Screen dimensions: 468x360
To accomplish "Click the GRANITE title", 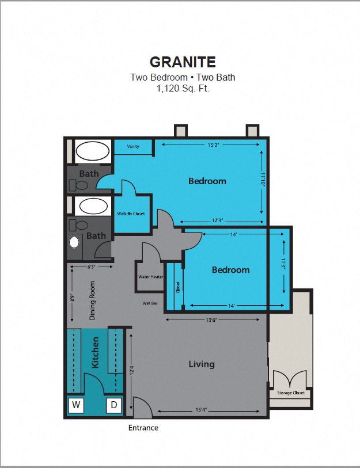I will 183,62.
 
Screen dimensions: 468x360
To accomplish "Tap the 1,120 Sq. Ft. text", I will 183,89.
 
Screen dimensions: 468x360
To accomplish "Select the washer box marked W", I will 76,405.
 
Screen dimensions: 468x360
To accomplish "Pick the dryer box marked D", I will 114,405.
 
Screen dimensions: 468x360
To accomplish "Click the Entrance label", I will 143,428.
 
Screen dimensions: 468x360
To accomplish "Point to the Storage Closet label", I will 291,393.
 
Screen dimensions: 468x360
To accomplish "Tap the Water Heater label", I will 150,277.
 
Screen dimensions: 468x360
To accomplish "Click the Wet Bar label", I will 151,303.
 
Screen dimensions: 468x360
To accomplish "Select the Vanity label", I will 133,147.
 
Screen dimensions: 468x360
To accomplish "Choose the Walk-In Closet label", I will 131,214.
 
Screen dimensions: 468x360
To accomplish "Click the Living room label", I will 202,364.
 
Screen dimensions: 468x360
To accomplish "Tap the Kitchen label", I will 96,352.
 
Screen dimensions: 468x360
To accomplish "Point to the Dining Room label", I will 92,300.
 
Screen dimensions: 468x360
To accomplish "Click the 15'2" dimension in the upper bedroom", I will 213,145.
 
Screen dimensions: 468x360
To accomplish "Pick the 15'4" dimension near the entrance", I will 201,410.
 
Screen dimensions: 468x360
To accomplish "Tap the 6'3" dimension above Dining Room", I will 92,267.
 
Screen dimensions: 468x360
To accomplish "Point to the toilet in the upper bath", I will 79,185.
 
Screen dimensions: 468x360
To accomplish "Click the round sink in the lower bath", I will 74,242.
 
